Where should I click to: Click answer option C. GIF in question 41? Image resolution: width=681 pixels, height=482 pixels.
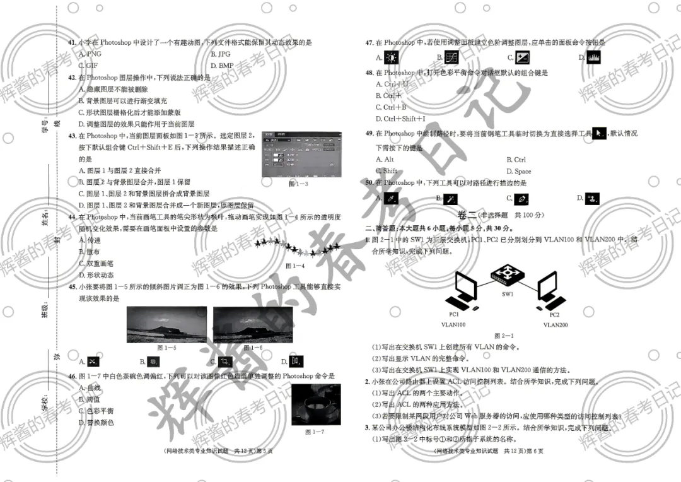[x=88, y=66]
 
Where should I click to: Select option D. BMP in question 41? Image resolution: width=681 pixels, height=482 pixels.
[x=222, y=66]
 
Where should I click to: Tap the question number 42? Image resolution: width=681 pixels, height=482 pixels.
[x=72, y=78]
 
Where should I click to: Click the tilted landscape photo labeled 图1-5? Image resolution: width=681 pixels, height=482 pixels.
[x=166, y=324]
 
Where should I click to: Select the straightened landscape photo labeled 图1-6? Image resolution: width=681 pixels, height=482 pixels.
[x=252, y=324]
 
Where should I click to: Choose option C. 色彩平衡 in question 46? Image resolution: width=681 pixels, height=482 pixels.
[x=96, y=411]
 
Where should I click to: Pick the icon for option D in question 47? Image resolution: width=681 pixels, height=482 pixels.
[x=593, y=57]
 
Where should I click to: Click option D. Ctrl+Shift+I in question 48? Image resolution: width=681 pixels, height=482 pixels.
[x=400, y=119]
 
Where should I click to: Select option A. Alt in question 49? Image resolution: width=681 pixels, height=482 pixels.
[x=385, y=160]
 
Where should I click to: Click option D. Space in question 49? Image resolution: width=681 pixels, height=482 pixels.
[x=518, y=171]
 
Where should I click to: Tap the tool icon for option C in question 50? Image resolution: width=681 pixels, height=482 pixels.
[x=521, y=199]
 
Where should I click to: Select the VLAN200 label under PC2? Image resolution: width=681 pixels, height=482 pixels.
[x=555, y=325]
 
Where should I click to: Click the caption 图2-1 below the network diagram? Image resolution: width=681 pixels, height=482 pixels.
[x=504, y=336]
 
